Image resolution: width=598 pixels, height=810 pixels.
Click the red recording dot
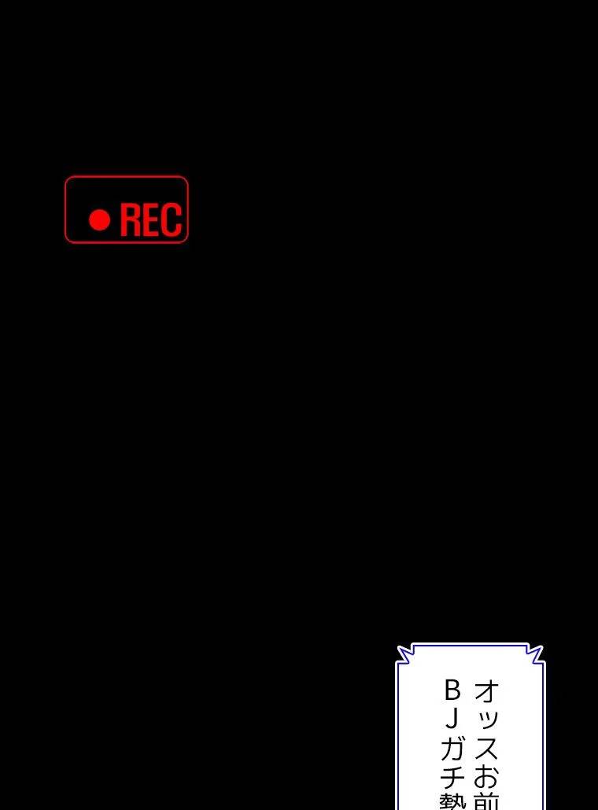click(99, 220)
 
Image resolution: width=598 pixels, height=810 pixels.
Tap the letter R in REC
click(131, 220)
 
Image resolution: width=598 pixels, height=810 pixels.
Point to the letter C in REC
click(172, 220)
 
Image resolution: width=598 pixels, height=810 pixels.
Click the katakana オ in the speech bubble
click(486, 692)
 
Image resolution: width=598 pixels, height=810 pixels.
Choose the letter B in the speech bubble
click(452, 690)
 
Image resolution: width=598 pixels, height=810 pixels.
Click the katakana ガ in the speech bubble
click(453, 746)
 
